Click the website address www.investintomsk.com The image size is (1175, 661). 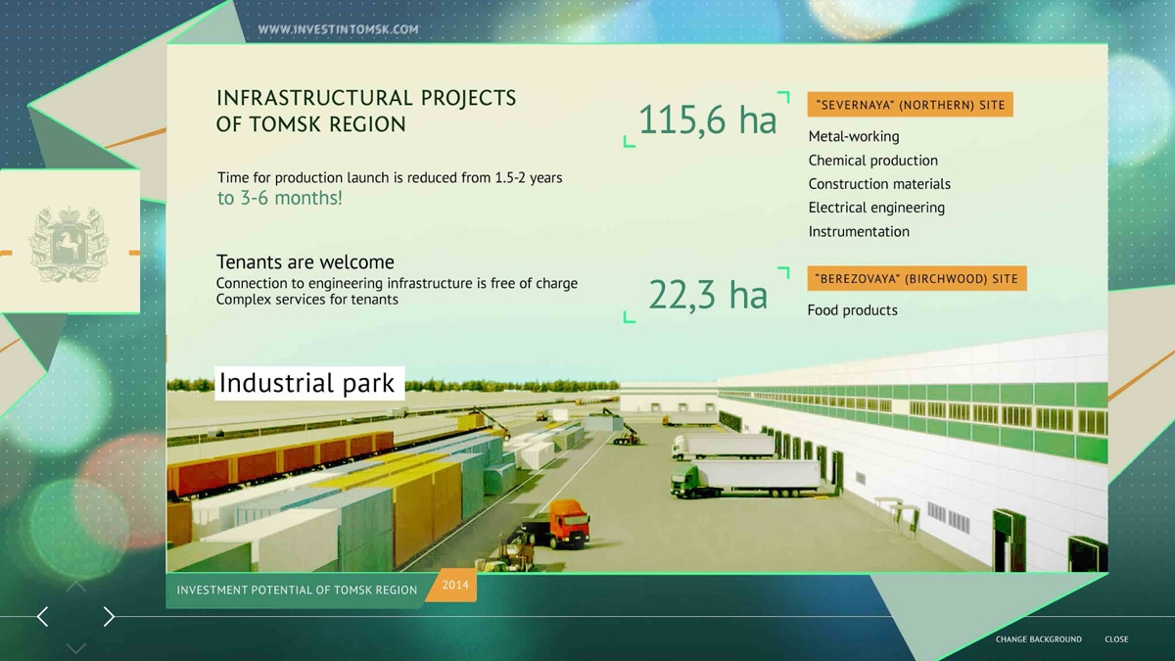[339, 29]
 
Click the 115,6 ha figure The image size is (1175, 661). [707, 119]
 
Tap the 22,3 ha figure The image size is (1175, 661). [708, 295]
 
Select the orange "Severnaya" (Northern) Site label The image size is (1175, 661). [910, 105]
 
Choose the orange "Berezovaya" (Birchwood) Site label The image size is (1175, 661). [916, 278]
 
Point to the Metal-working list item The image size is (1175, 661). [854, 136]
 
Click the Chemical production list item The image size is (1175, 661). [872, 160]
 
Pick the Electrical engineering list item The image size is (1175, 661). [876, 208]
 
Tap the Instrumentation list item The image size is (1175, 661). [859, 231]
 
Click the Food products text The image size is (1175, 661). [853, 310]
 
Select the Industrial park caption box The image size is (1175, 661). [309, 383]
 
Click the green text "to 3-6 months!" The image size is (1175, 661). [280, 198]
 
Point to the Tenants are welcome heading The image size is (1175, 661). [305, 261]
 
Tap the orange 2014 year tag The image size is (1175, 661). [453, 585]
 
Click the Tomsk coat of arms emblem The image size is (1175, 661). [70, 244]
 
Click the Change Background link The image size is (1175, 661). [1039, 638]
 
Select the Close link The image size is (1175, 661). [1116, 638]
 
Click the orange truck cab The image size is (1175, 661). [570, 522]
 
